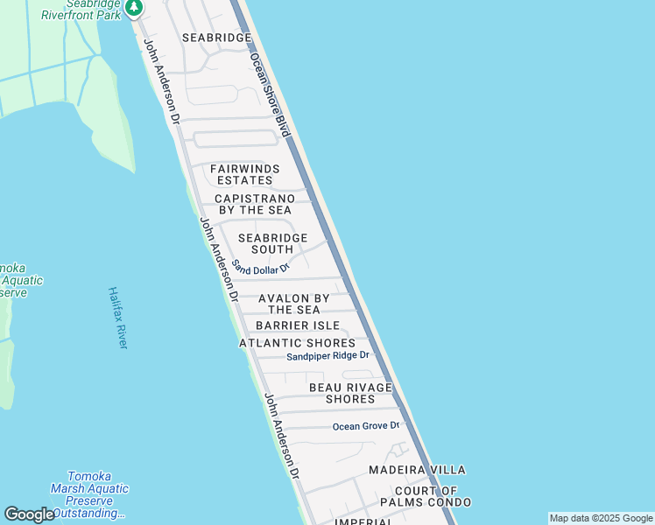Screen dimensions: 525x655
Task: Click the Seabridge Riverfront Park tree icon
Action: (x=133, y=9)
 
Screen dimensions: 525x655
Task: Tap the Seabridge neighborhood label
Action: (x=216, y=38)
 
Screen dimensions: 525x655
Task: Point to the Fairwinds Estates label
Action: (x=245, y=174)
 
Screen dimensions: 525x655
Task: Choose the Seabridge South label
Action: (x=272, y=243)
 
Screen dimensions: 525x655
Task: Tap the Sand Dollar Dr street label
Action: (x=260, y=266)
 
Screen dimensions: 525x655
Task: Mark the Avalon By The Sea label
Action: (x=294, y=304)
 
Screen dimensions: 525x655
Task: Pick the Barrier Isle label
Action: (x=298, y=325)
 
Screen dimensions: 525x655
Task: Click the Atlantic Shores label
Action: (x=298, y=343)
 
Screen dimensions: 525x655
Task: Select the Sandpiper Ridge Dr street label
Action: (x=328, y=356)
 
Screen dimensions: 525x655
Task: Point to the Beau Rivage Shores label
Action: (x=350, y=393)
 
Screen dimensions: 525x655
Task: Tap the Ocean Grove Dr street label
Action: (x=366, y=426)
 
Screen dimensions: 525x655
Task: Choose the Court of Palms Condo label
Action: (x=426, y=496)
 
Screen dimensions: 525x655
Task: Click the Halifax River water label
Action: (x=118, y=318)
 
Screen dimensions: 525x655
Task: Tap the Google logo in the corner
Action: (x=29, y=514)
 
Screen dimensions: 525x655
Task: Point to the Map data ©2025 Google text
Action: (x=601, y=518)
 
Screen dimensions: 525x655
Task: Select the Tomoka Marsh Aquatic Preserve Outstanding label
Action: (x=89, y=500)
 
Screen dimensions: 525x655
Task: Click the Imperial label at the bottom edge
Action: (x=363, y=521)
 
